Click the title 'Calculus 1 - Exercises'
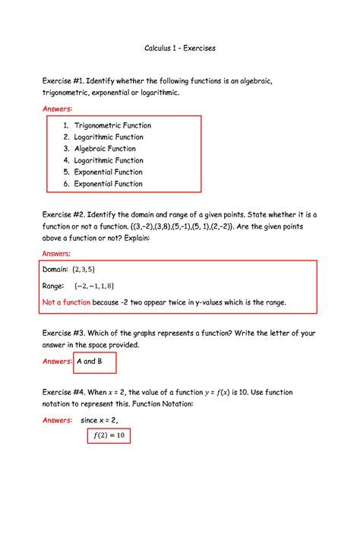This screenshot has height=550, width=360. point(180,48)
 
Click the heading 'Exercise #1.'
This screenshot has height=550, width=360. point(63,81)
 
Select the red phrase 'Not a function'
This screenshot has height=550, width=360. point(66,302)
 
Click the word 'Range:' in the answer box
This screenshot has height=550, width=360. point(52,286)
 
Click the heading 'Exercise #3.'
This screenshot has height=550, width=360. point(64,333)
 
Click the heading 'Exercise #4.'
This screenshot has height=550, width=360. point(64,392)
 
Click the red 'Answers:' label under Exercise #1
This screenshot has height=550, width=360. point(56,109)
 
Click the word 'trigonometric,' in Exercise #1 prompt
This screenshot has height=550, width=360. point(67,93)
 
